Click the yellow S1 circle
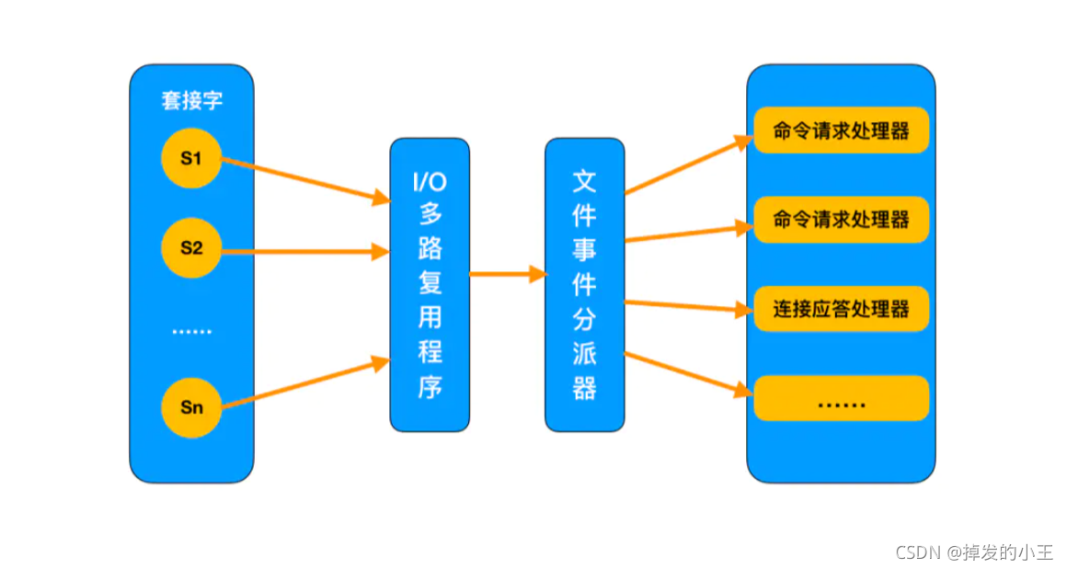coord(190,159)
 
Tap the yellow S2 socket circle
coord(190,248)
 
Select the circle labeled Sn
coord(190,407)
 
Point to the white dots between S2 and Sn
coord(191,331)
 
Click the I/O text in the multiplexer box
coord(430,181)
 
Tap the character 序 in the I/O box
coord(430,387)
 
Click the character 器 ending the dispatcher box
coord(584,388)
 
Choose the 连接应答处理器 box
coord(841,309)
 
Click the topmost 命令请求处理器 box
coord(841,131)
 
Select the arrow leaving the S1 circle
coord(304,179)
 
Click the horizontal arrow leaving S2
coord(304,251)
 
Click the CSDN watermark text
coord(917,552)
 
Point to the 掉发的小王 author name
coord(1008,552)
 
